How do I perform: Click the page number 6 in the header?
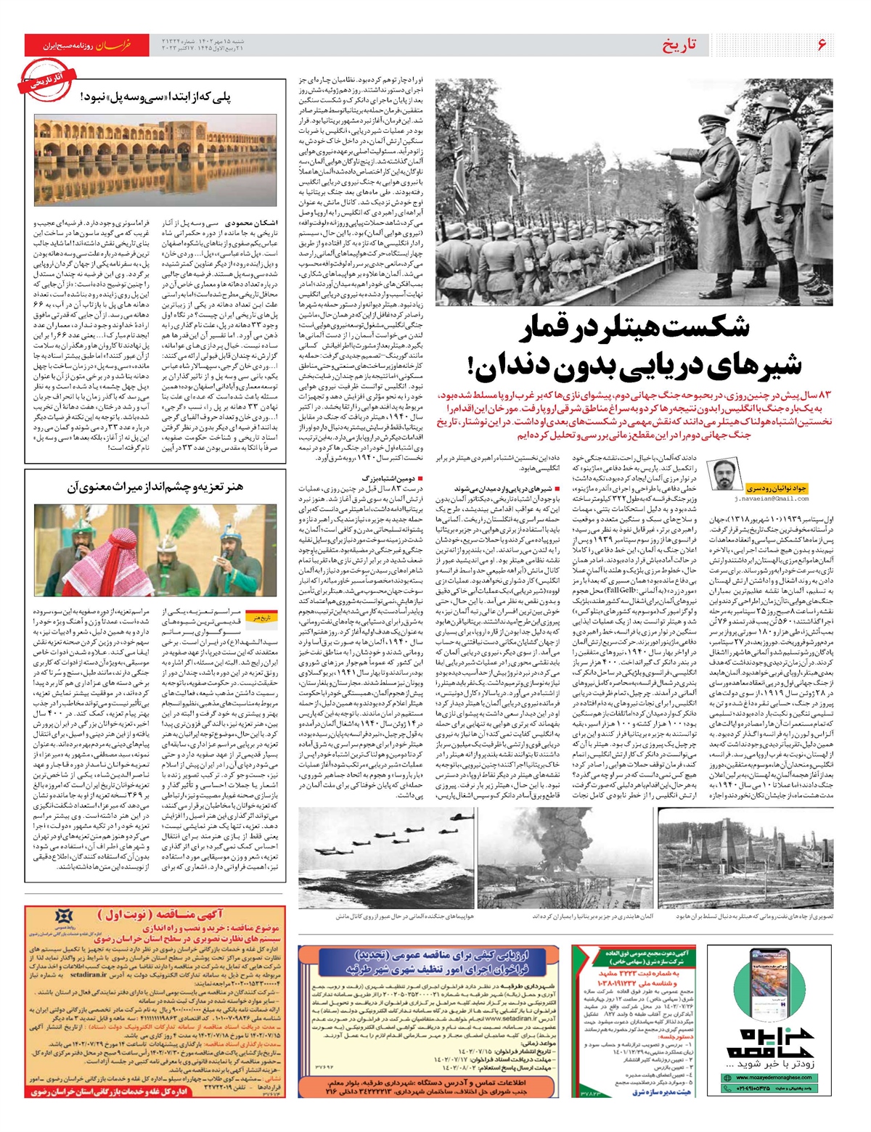point(822,45)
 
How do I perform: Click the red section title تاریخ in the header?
point(679,45)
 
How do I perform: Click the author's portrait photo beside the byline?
point(723,478)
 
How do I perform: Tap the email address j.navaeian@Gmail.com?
point(771,499)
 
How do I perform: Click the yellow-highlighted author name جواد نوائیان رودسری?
point(777,488)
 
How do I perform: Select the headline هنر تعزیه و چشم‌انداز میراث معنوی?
point(156,487)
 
